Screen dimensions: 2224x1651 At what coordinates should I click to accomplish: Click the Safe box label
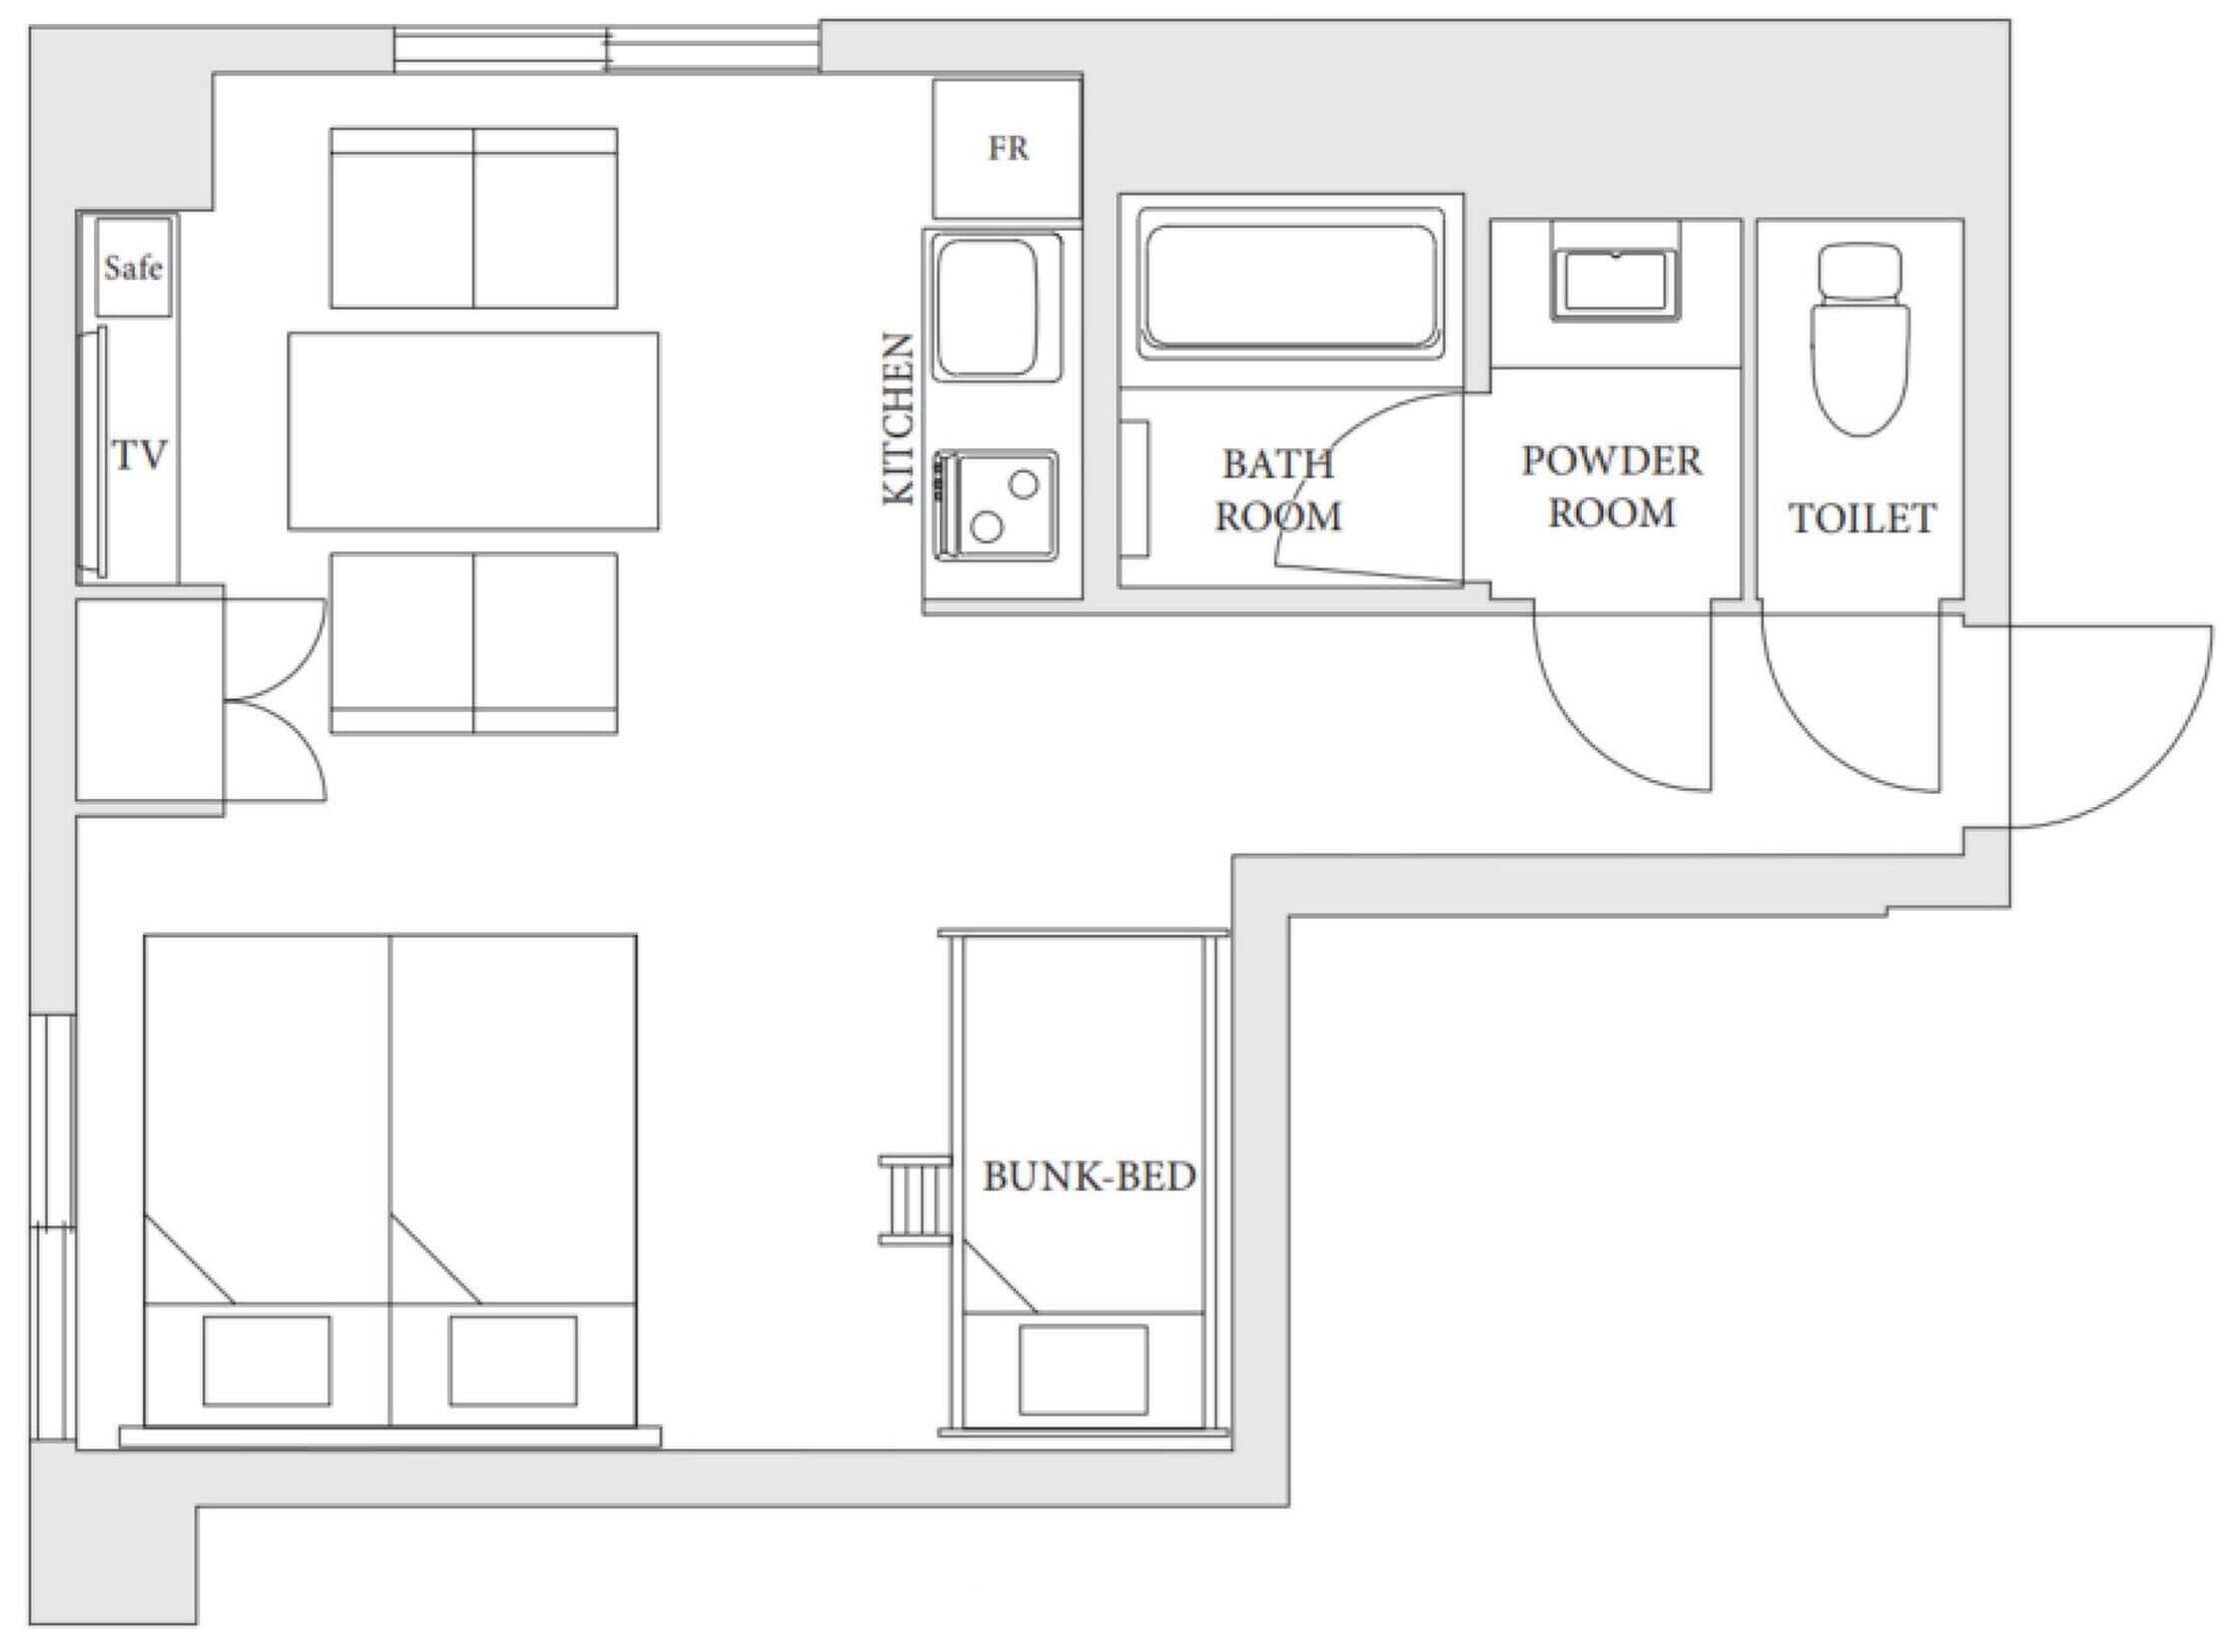(x=133, y=268)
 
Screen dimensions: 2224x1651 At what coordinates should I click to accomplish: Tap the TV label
(x=139, y=454)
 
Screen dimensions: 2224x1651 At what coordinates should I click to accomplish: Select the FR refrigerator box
(x=1007, y=149)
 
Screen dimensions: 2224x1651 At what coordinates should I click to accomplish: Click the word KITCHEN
(x=899, y=418)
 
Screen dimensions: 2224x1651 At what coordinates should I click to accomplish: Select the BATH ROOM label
(x=1278, y=489)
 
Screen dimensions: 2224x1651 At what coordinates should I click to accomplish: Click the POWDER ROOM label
(x=1612, y=486)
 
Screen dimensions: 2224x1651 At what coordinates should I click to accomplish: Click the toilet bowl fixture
(x=1859, y=339)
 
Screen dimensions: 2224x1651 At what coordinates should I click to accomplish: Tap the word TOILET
(x=1861, y=517)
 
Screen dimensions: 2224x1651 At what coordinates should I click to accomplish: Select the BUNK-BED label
(x=1089, y=1177)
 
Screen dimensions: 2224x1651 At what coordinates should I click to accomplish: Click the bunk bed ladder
(x=914, y=1200)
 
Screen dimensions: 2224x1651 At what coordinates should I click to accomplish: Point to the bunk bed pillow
(x=1083, y=1370)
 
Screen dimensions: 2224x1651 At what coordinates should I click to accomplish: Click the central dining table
(x=473, y=430)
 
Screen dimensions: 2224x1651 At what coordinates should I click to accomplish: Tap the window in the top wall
(x=606, y=49)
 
